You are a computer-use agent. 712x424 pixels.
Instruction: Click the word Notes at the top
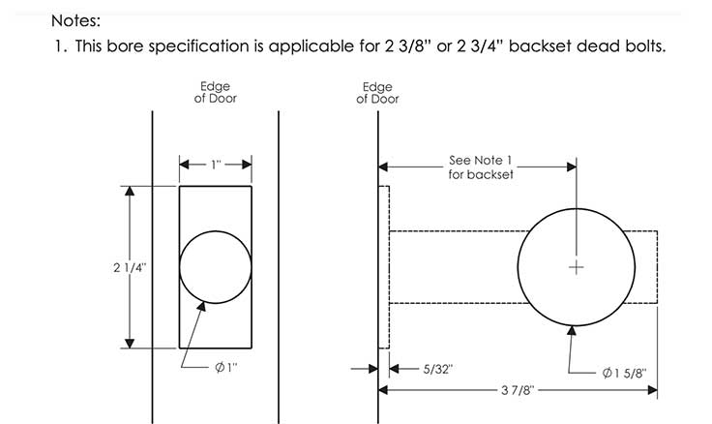point(75,21)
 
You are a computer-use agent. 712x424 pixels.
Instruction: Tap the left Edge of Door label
point(215,92)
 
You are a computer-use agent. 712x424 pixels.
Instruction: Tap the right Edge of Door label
point(377,93)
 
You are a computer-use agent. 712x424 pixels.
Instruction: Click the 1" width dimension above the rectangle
point(216,165)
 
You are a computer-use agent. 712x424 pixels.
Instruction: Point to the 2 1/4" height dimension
point(130,267)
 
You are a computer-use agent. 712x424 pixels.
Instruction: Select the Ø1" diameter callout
point(225,367)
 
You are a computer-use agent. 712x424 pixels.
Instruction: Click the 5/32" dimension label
point(437,369)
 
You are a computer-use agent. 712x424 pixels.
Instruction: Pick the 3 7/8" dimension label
point(518,390)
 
